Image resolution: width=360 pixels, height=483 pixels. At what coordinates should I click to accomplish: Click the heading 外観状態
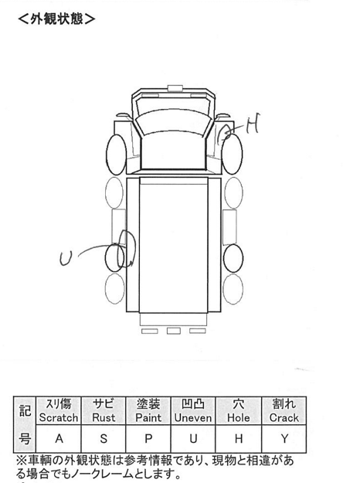56,19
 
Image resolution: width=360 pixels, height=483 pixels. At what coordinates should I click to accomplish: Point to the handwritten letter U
66,258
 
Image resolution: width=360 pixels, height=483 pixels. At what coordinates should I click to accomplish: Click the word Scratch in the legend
59,417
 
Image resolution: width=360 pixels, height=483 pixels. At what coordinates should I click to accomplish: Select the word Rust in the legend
104,417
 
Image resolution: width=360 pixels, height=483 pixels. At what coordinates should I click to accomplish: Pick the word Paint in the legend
148,417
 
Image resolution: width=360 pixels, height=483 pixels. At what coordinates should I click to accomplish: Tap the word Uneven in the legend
193,417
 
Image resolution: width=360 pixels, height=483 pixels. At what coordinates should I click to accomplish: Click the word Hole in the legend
239,417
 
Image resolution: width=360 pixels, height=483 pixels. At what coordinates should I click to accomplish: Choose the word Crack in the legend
284,417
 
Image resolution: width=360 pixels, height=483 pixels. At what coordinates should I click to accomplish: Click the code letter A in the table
59,438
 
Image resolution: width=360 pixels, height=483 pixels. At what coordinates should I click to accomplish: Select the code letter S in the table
104,438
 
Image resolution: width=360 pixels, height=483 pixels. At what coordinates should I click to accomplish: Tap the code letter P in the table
148,438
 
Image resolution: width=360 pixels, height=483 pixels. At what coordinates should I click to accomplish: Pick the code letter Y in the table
284,438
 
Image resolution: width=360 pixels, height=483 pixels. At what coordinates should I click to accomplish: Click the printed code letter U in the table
193,438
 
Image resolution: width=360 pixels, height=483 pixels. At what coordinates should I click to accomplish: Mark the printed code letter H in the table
239,438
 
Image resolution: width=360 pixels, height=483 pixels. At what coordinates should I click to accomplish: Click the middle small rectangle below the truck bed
174,331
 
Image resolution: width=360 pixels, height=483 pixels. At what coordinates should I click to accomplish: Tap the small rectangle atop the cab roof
175,88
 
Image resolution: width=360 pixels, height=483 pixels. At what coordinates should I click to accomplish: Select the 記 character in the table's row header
25,410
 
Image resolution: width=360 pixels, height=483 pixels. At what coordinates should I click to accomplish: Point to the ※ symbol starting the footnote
22,461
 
